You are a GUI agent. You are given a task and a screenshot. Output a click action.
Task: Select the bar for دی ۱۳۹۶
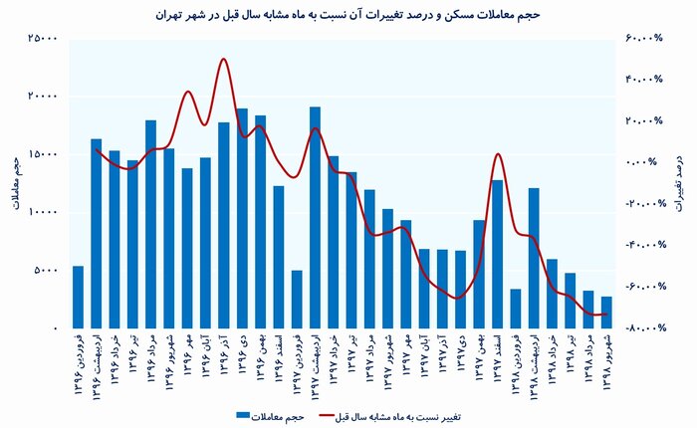point(242,218)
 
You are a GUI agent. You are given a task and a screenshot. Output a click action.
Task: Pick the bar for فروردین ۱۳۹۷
point(297,299)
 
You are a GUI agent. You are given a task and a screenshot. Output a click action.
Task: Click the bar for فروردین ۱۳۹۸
point(516,309)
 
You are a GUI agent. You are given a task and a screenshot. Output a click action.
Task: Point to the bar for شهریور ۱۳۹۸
point(607,313)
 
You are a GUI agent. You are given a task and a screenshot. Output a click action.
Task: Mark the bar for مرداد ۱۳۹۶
point(150,224)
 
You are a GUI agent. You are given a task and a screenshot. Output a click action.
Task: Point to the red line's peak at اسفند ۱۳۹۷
point(498,154)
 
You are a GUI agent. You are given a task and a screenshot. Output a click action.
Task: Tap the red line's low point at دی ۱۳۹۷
point(460,298)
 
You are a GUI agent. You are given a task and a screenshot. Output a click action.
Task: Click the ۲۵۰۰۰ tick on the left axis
point(42,39)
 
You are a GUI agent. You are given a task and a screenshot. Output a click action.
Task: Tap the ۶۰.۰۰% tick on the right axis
point(644,38)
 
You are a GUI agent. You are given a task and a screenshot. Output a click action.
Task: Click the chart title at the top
point(348,14)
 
